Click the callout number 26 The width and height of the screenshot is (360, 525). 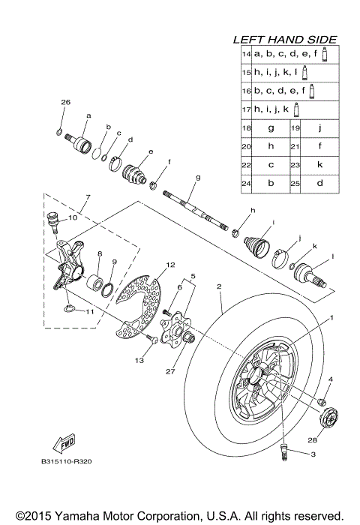pyautogui.click(x=65, y=101)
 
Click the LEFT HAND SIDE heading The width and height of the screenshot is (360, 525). pyautogui.click(x=284, y=39)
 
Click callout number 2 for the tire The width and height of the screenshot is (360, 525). pyautogui.click(x=218, y=286)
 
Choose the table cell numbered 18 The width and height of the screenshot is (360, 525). pyautogui.click(x=245, y=127)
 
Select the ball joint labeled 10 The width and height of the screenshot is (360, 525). pyautogui.click(x=54, y=219)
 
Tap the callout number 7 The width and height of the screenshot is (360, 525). pyautogui.click(x=88, y=197)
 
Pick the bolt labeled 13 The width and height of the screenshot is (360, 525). pyautogui.click(x=152, y=341)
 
